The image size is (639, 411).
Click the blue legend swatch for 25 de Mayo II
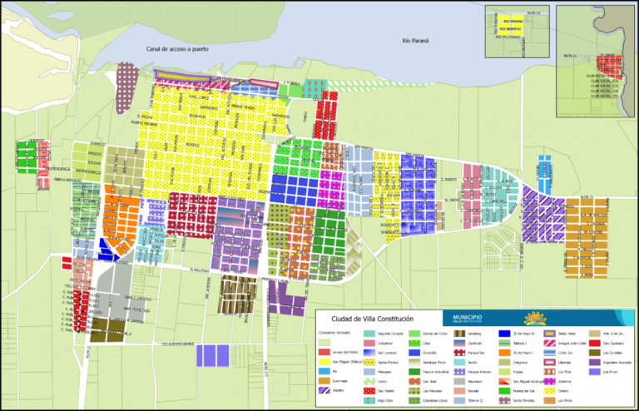tap(504, 333)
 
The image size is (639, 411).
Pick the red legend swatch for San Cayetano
tap(594, 343)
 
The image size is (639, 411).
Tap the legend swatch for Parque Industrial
tap(414, 371)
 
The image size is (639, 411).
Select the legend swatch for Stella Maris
tap(550, 333)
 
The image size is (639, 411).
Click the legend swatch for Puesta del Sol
tap(504, 390)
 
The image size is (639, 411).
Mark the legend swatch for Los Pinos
tap(594, 371)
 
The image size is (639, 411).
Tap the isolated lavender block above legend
tap(211, 355)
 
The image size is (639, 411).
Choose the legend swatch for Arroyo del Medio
tap(323, 352)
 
